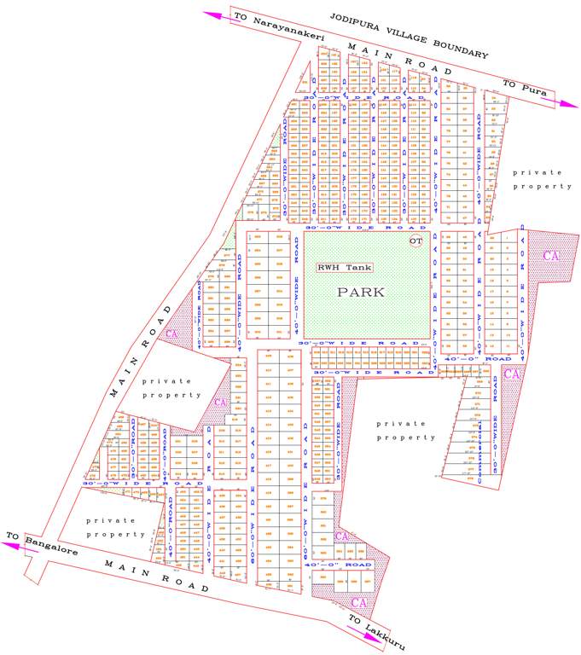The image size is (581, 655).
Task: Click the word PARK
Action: [362, 292]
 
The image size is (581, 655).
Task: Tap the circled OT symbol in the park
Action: [415, 242]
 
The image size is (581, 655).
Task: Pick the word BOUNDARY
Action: [462, 48]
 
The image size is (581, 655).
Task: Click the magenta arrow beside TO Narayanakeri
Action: [218, 13]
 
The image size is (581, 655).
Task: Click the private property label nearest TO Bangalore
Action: [115, 526]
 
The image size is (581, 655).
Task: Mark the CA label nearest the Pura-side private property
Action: [551, 255]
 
